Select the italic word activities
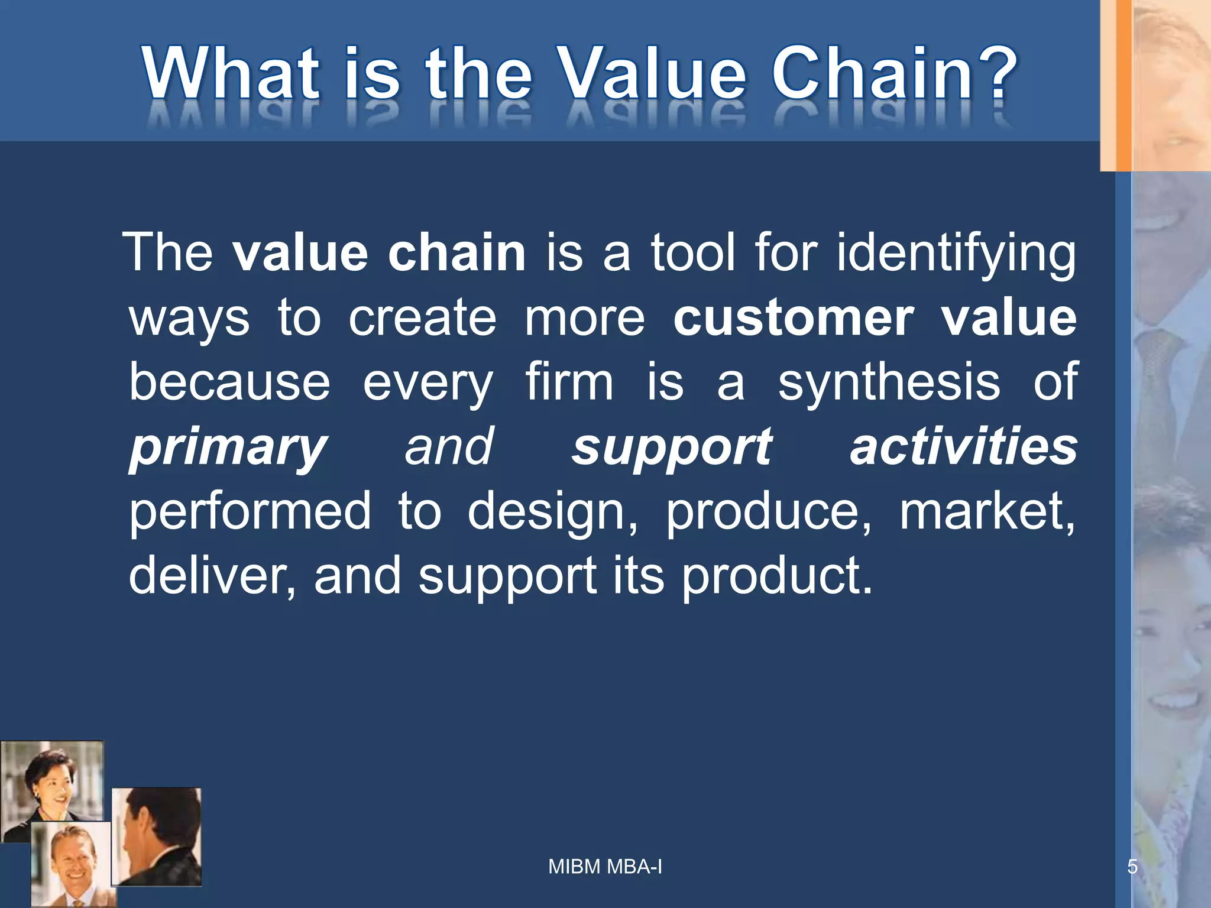pyautogui.click(x=963, y=447)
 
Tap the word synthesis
pyautogui.click(x=889, y=382)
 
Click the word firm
pyautogui.click(x=569, y=382)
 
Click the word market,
pyautogui.click(x=986, y=511)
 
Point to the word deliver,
pyautogui.click(x=212, y=576)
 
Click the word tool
pyautogui.click(x=693, y=253)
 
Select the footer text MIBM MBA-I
pyautogui.click(x=605, y=867)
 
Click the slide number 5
pyautogui.click(x=1132, y=867)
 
